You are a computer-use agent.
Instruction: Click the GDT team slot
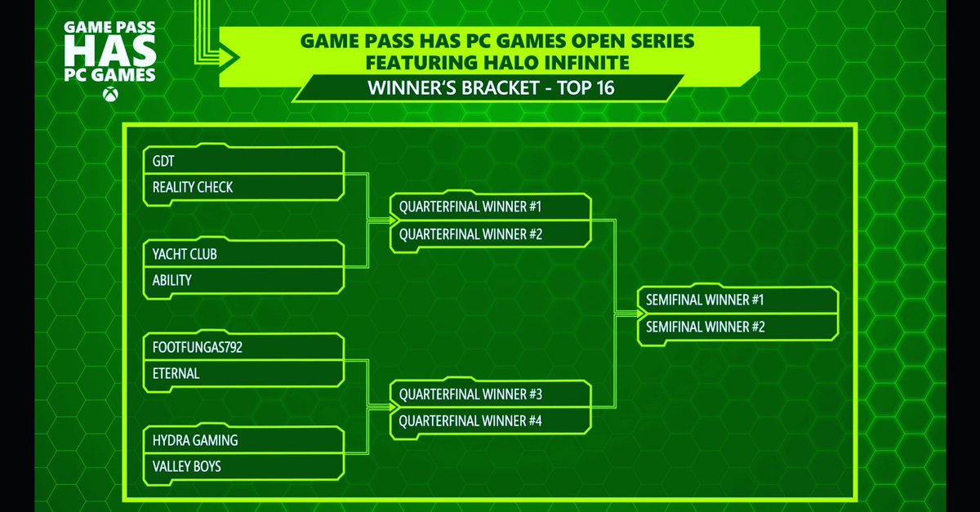point(243,161)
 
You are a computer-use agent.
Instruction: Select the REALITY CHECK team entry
point(243,187)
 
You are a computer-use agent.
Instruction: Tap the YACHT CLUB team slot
point(243,254)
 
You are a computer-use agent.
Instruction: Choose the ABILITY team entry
point(243,280)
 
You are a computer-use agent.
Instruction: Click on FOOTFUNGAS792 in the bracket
point(243,347)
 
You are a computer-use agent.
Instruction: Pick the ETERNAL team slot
point(243,373)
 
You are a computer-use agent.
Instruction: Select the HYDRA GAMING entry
point(243,440)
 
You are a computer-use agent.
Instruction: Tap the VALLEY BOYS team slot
point(243,466)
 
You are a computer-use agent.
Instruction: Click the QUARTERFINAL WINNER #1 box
point(491,207)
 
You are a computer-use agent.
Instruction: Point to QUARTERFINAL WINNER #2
point(491,234)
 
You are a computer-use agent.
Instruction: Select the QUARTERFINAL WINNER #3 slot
point(491,394)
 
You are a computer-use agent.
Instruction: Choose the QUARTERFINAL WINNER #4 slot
point(491,421)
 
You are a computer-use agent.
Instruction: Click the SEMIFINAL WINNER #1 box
point(737,301)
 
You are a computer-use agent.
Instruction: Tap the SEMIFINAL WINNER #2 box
point(737,327)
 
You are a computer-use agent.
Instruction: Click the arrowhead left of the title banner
point(229,55)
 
